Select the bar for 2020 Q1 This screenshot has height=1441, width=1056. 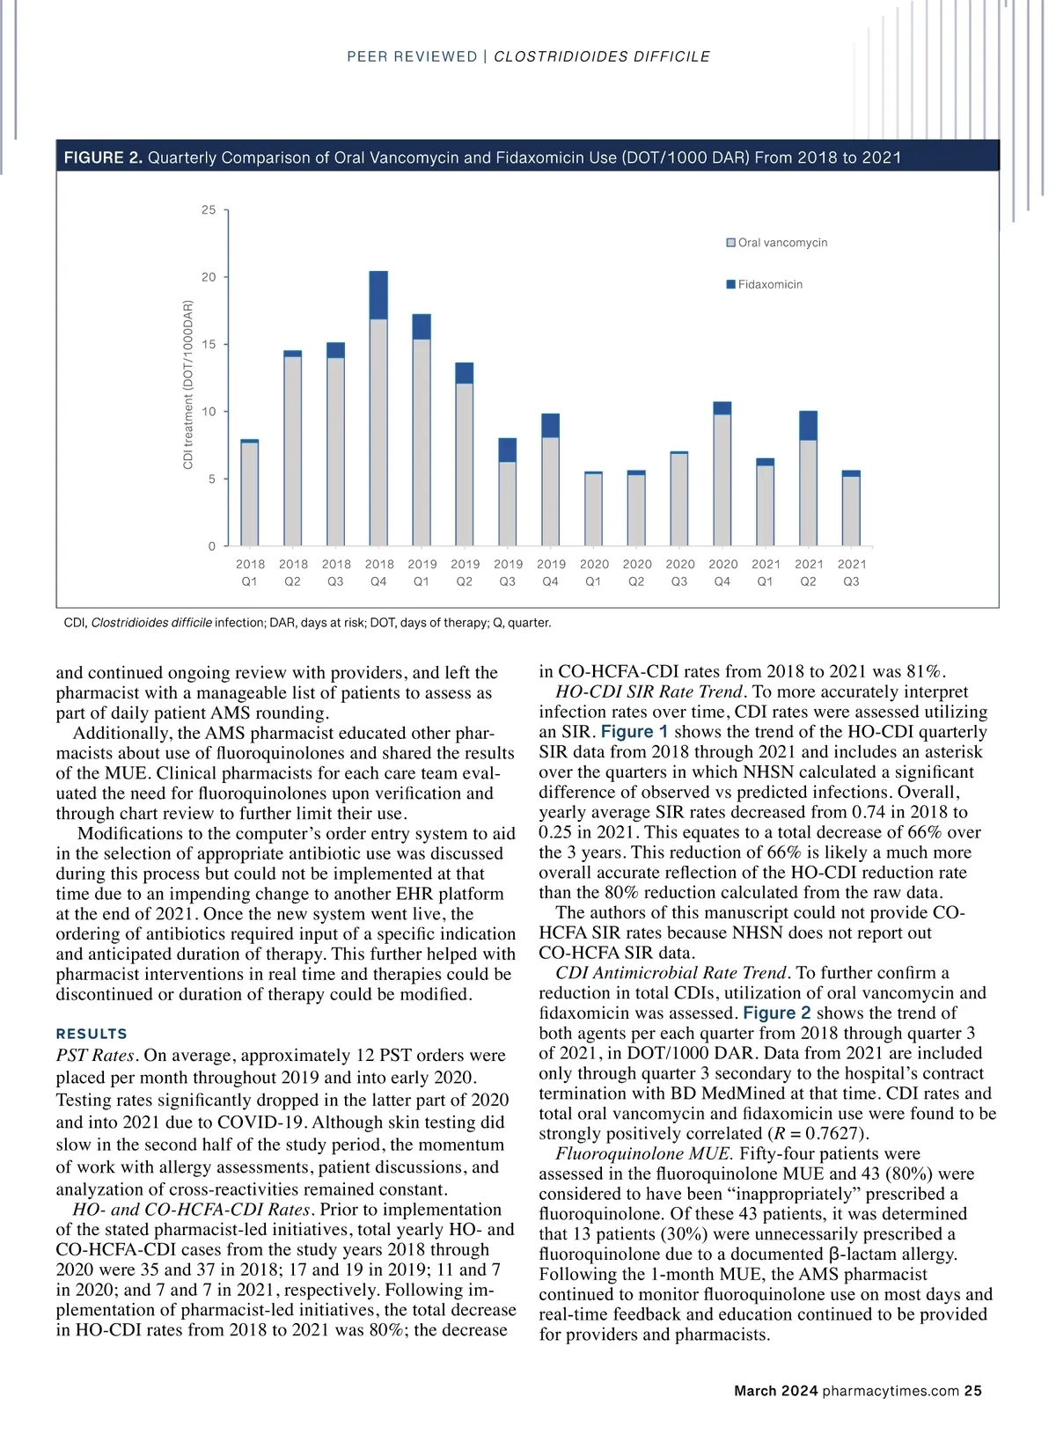click(594, 509)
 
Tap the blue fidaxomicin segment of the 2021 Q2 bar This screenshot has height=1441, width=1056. click(808, 426)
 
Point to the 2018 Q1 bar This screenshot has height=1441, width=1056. click(250, 493)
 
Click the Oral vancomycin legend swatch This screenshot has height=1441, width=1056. click(730, 243)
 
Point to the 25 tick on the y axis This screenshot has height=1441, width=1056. click(209, 210)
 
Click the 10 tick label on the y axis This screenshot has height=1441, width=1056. click(209, 412)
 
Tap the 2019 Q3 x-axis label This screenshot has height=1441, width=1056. click(508, 573)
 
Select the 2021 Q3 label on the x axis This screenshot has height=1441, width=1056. click(852, 573)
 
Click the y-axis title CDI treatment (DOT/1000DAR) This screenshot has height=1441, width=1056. click(188, 384)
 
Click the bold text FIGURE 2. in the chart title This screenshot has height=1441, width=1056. click(103, 157)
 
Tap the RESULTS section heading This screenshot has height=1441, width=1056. click(92, 1034)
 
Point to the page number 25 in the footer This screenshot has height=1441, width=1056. click(972, 1391)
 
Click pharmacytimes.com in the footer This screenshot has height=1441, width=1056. click(891, 1391)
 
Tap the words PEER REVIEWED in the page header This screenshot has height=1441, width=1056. click(412, 57)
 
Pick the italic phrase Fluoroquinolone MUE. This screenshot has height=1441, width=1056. click(644, 1153)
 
